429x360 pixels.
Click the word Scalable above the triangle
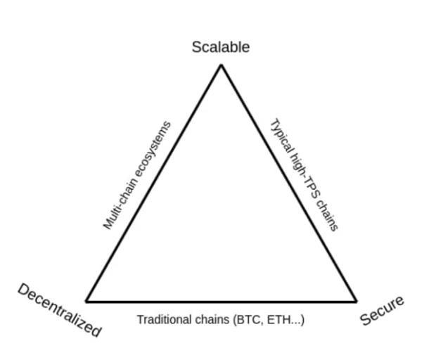(x=221, y=47)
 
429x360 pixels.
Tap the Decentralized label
(x=60, y=310)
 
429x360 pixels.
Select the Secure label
(x=383, y=311)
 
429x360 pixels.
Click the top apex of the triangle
(x=222, y=65)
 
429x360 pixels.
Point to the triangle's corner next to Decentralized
(x=86, y=302)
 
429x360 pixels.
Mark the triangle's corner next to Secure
(x=357, y=302)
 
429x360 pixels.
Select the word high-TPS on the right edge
(x=304, y=176)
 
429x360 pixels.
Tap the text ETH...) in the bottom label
(x=286, y=320)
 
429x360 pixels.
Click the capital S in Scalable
(x=197, y=47)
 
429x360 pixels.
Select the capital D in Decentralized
(x=24, y=290)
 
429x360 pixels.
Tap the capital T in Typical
(x=274, y=123)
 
